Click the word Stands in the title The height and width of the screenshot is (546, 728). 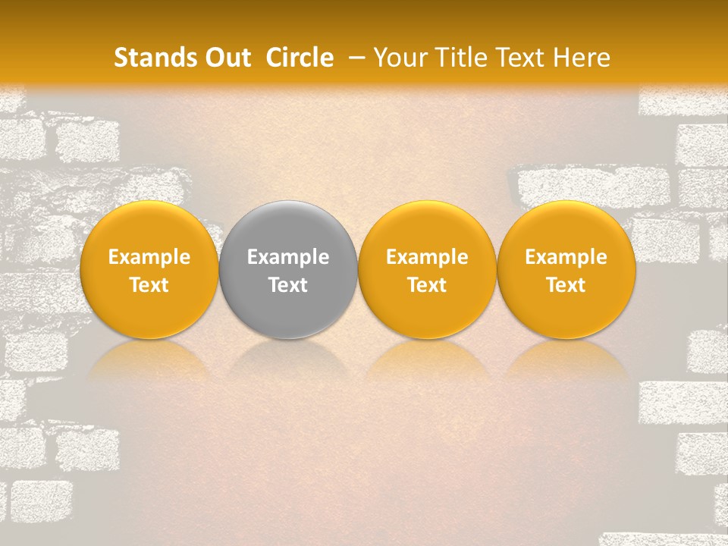pyautogui.click(x=149, y=58)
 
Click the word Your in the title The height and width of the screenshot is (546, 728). pyautogui.click(x=399, y=58)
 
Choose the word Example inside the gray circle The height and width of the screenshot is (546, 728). pyautogui.click(x=288, y=257)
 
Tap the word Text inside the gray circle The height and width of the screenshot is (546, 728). pyautogui.click(x=288, y=285)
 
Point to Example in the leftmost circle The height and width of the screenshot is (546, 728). pyautogui.click(x=149, y=257)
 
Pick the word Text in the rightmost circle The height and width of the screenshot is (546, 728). pyautogui.click(x=566, y=285)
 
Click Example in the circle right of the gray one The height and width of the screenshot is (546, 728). pyautogui.click(x=427, y=257)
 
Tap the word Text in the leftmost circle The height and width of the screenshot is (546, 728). pyautogui.click(x=149, y=285)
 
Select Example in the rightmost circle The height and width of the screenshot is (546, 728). pyautogui.click(x=566, y=257)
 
